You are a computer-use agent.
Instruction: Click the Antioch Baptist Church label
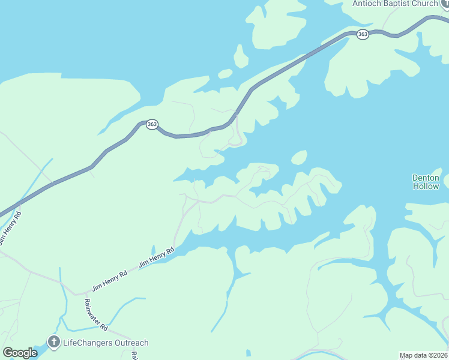tap(395, 4)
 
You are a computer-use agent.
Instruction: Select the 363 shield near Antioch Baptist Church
tap(362, 35)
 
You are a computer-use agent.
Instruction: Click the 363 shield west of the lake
tap(152, 124)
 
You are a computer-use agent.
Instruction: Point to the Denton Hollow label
tap(426, 182)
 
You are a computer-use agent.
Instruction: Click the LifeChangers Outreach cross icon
tap(54, 343)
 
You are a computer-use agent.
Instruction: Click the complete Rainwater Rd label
tap(95, 315)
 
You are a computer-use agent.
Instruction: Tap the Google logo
tap(20, 353)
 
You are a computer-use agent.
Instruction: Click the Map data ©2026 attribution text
tap(423, 355)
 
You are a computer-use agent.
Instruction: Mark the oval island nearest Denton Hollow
tap(299, 158)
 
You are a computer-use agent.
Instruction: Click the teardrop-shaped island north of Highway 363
tap(241, 57)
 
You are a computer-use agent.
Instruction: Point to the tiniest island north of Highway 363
tap(225, 74)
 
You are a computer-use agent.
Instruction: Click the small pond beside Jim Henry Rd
tap(154, 250)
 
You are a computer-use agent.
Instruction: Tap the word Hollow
tap(426, 186)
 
